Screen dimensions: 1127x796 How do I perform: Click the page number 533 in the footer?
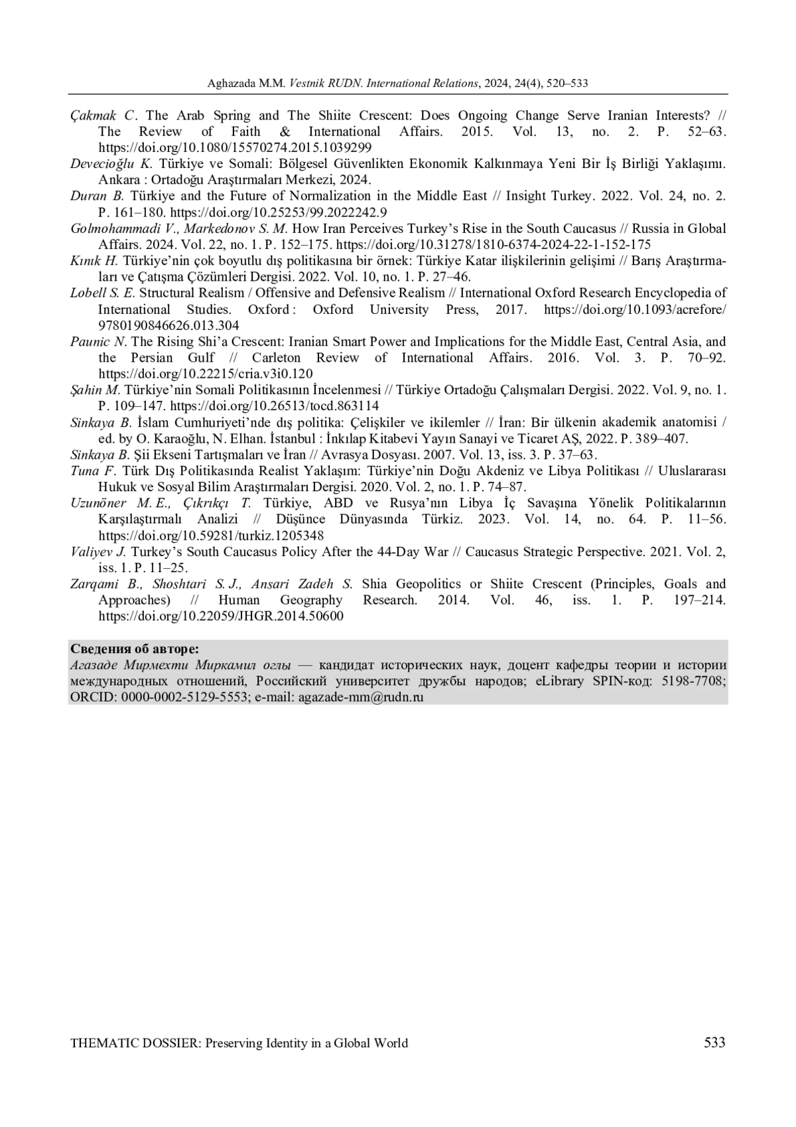click(714, 1043)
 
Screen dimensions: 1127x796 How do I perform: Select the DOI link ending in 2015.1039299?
click(235, 147)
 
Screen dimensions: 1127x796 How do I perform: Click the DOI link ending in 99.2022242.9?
click(279, 212)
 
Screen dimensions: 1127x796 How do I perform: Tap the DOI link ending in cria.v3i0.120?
click(206, 374)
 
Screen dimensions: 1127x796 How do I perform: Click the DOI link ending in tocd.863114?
click(275, 406)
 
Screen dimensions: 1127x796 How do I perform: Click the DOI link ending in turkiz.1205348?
click(211, 535)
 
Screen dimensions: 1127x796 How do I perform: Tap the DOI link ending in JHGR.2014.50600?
click(221, 616)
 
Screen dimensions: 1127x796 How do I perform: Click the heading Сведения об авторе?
click(135, 648)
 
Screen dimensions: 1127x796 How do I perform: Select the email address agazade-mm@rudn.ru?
click(361, 697)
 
